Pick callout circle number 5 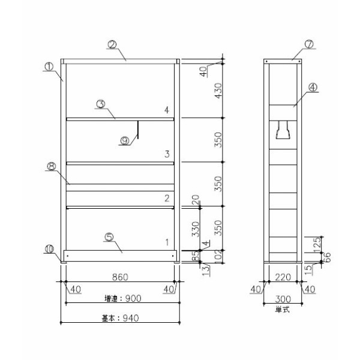(x=109, y=236)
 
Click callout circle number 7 (x=309, y=44)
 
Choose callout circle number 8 (x=52, y=169)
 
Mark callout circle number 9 (x=124, y=140)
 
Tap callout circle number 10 (x=50, y=248)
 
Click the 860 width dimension (x=121, y=277)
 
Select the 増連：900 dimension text (x=121, y=298)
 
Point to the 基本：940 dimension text (x=121, y=318)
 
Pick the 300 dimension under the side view (x=283, y=298)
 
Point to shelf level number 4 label (x=167, y=110)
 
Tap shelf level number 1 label (x=167, y=242)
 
